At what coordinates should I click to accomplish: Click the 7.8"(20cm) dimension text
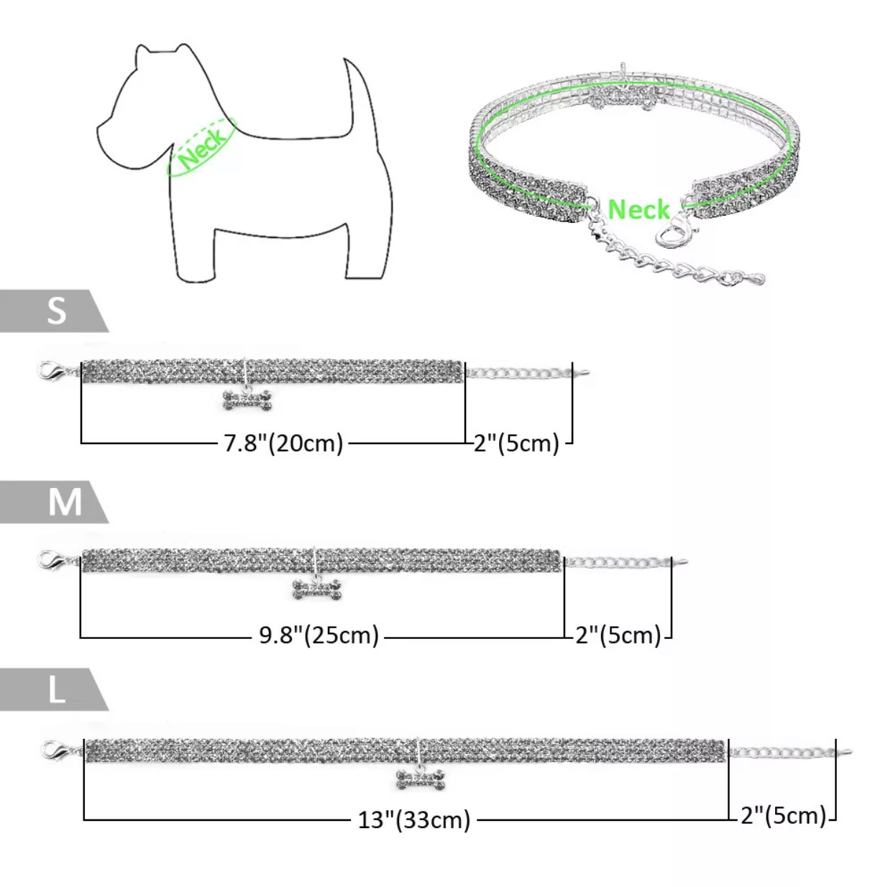click(x=283, y=443)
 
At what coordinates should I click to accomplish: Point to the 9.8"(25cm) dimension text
click(x=319, y=635)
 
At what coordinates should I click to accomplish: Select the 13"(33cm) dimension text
click(x=414, y=820)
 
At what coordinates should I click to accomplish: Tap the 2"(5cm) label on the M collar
click(x=618, y=635)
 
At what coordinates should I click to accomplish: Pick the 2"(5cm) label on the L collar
click(x=784, y=815)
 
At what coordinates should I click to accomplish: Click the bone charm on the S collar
click(x=248, y=400)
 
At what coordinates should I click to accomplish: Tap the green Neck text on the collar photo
click(x=638, y=209)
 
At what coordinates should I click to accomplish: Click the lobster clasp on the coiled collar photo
click(x=672, y=231)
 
